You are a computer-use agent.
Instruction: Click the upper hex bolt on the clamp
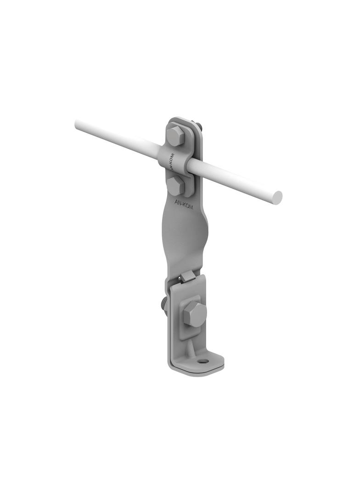tap(175, 135)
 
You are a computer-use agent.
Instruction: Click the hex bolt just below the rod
tap(176, 186)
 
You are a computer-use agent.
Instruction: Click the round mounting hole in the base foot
tap(203, 361)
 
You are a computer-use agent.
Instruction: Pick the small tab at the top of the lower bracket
tap(187, 276)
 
